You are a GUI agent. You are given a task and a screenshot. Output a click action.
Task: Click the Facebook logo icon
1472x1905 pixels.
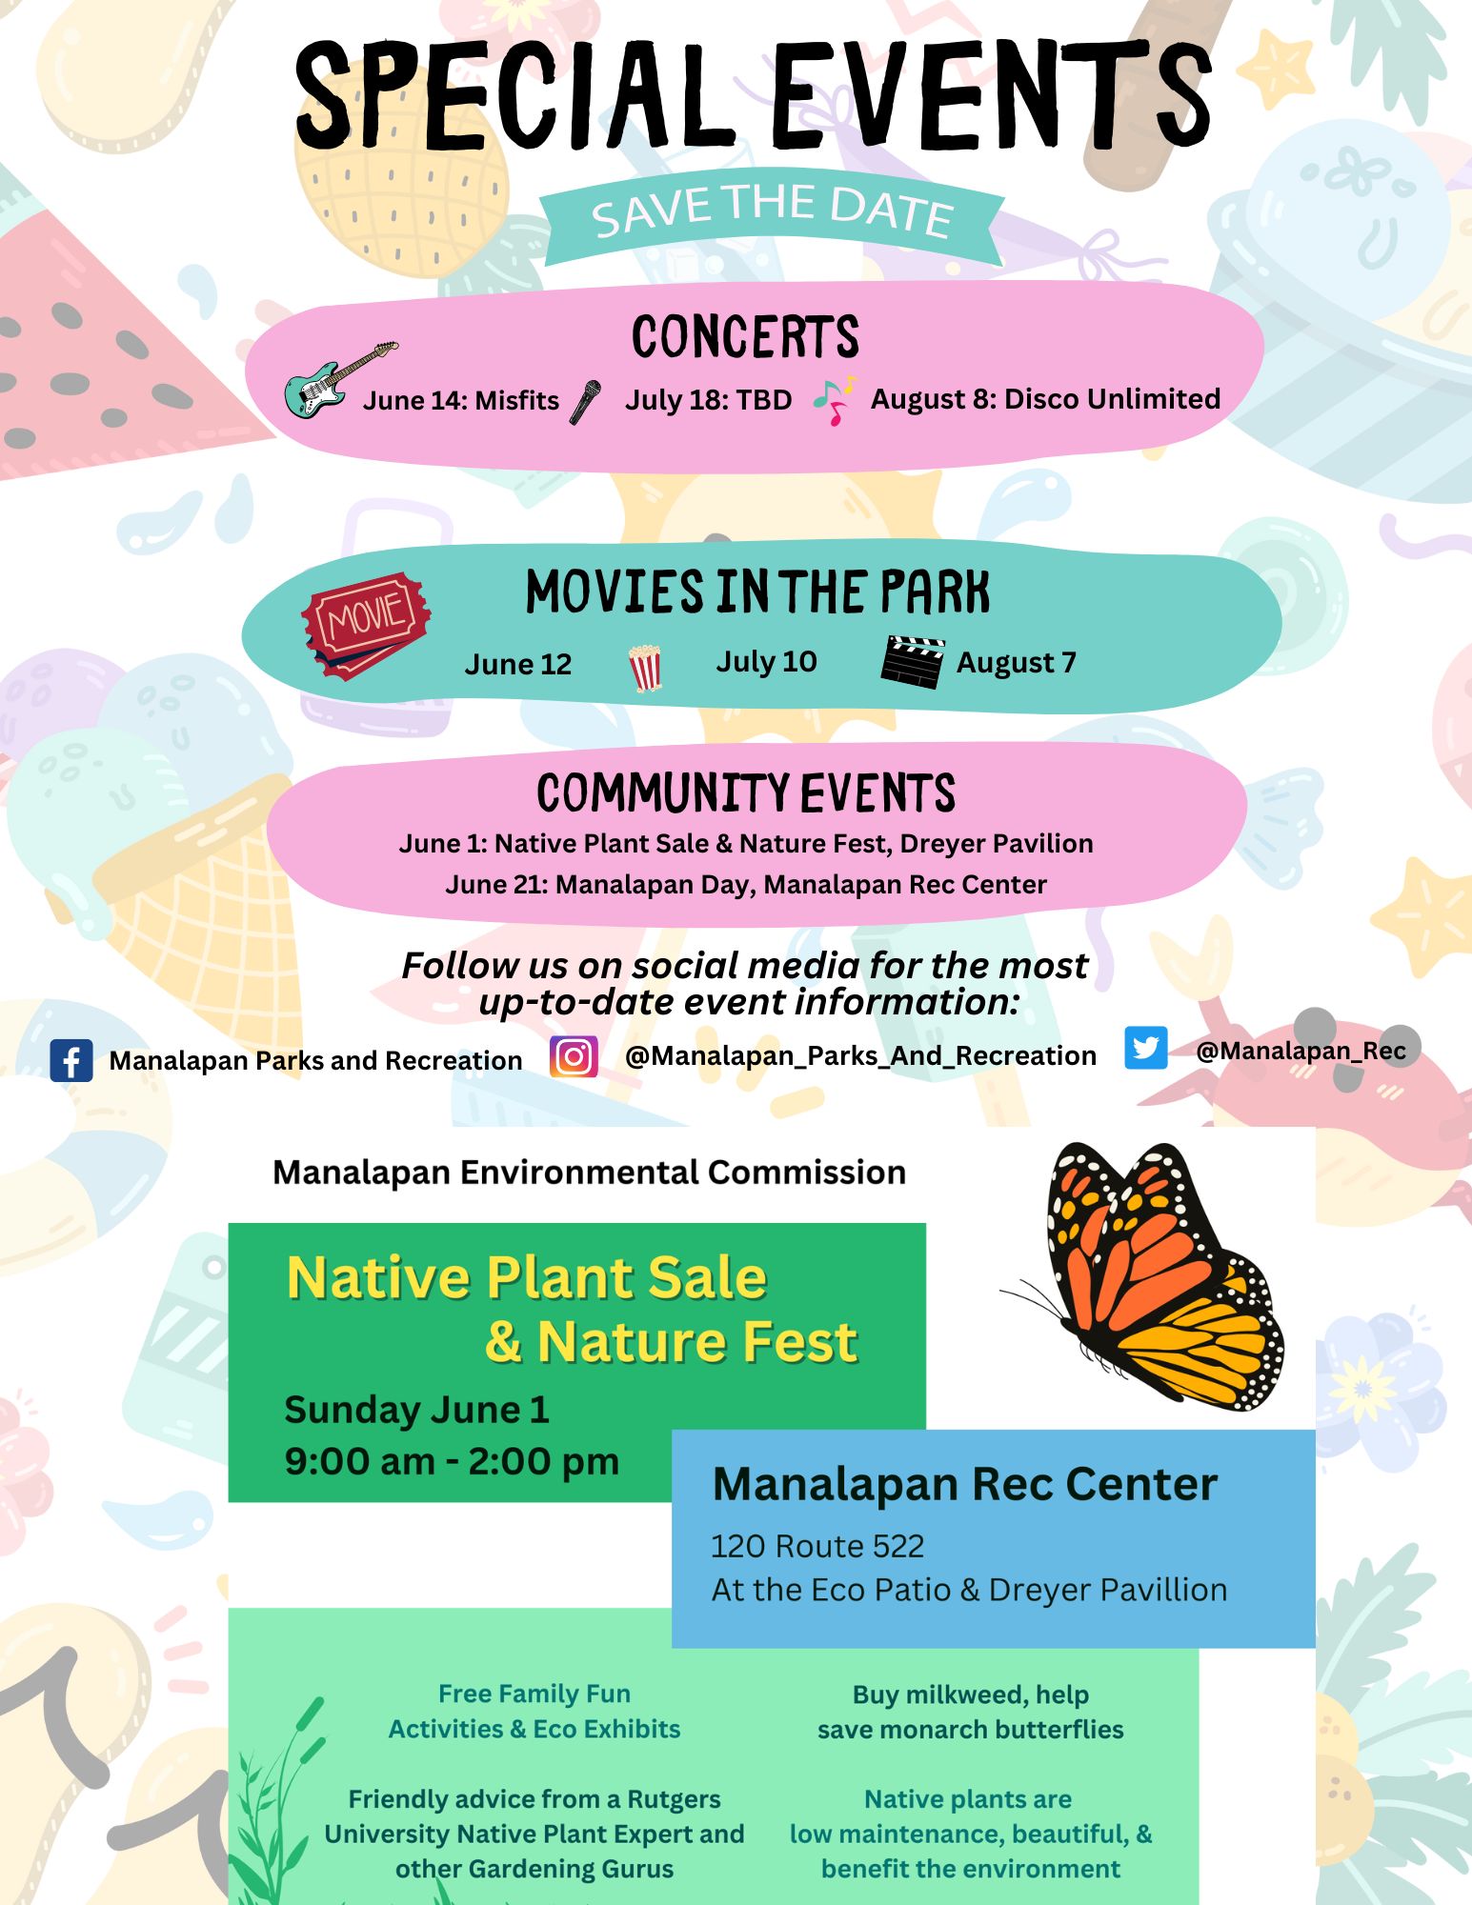[x=71, y=1060]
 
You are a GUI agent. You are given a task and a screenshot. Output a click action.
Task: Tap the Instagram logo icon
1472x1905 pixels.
[x=574, y=1056]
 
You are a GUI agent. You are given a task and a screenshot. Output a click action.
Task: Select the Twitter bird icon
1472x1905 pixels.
[x=1145, y=1048]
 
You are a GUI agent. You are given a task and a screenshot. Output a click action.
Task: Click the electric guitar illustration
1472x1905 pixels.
[x=341, y=380]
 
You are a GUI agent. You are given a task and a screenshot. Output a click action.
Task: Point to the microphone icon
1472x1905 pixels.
[x=586, y=402]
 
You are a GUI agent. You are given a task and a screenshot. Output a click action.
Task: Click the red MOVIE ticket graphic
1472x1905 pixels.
[x=366, y=625]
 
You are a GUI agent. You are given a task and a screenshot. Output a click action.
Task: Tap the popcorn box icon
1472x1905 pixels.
[x=645, y=668]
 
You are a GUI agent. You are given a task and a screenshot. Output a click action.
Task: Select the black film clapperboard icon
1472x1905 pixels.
[x=913, y=661]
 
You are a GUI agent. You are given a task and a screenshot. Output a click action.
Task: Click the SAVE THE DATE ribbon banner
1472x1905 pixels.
[x=772, y=217]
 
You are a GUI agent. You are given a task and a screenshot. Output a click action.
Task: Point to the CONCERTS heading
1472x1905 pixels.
[x=745, y=337]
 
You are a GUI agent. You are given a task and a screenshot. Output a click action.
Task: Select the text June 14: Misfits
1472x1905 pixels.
[x=461, y=400]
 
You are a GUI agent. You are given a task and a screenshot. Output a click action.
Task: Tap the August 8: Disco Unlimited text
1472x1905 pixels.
[x=1045, y=399]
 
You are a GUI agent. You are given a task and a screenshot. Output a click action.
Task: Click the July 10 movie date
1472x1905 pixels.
[x=767, y=661]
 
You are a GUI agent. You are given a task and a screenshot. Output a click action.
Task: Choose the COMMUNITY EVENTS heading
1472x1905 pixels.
[x=746, y=793]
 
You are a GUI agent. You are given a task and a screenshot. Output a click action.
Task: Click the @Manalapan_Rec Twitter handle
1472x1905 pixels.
[x=1301, y=1051]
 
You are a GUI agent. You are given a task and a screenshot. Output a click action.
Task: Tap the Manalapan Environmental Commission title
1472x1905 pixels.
[x=589, y=1173]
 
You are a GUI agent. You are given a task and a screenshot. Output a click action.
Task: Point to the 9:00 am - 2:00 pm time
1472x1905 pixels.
[x=452, y=1461]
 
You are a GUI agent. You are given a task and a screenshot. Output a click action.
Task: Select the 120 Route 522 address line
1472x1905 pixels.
[x=817, y=1546]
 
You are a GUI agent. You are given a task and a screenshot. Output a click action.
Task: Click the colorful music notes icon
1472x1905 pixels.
[x=835, y=400]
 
